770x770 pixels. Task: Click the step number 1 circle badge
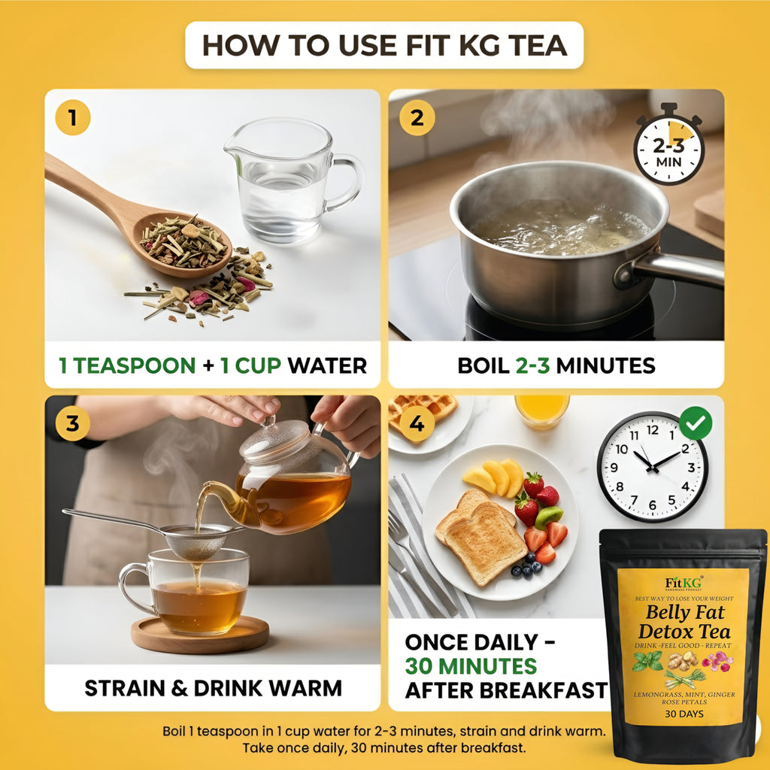click(73, 118)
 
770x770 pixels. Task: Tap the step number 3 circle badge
click(72, 423)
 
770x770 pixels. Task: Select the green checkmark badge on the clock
click(695, 423)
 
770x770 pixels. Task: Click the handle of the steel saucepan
click(677, 268)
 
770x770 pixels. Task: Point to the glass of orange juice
click(541, 411)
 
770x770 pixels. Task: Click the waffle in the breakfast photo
click(425, 410)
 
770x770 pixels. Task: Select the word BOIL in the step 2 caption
click(483, 365)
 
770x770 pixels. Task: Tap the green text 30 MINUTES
click(471, 666)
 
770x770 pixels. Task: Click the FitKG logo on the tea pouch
click(682, 583)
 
